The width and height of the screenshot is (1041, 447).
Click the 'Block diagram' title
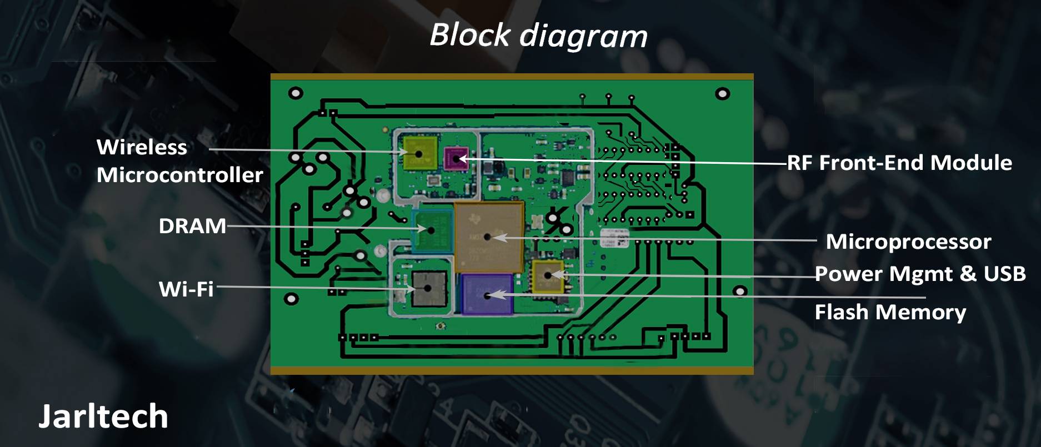[538, 36]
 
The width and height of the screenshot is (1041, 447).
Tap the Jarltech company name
[103, 416]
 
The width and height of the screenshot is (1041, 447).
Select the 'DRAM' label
[192, 226]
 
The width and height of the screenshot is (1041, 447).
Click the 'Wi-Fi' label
[186, 289]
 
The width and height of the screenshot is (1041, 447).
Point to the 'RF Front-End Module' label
[899, 163]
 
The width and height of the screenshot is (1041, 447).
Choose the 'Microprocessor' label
[908, 242]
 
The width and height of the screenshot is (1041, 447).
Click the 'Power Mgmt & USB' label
[920, 274]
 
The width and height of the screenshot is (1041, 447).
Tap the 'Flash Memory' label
[890, 312]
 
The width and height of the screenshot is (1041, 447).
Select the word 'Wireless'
[142, 147]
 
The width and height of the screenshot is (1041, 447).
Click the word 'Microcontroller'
[179, 175]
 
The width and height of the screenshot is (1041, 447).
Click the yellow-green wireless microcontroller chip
[419, 153]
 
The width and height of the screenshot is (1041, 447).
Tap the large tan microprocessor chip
[488, 237]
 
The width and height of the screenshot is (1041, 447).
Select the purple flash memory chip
[487, 294]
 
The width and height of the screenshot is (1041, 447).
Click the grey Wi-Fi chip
[428, 288]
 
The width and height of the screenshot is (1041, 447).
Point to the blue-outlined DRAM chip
[432, 229]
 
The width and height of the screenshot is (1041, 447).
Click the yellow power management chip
[548, 275]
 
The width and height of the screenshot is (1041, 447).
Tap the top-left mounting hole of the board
[296, 93]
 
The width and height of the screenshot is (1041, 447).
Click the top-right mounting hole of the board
[722, 93]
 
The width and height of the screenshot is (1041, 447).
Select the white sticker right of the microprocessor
[615, 238]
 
